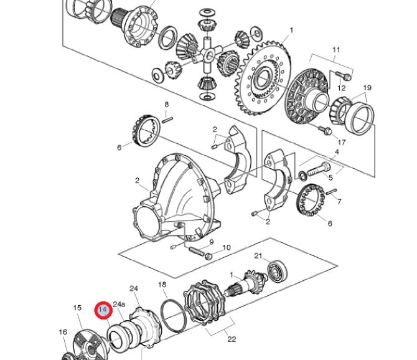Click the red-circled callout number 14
103,310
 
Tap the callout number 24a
119,304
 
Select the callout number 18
162,285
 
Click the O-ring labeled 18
174,316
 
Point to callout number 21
258,256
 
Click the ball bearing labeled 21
278,271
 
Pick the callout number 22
232,339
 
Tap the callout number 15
77,308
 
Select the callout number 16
63,332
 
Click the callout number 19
367,88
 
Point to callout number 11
336,50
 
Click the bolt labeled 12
344,76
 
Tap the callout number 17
341,143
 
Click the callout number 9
212,242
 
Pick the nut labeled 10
208,257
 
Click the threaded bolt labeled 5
319,169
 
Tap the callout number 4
337,152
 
